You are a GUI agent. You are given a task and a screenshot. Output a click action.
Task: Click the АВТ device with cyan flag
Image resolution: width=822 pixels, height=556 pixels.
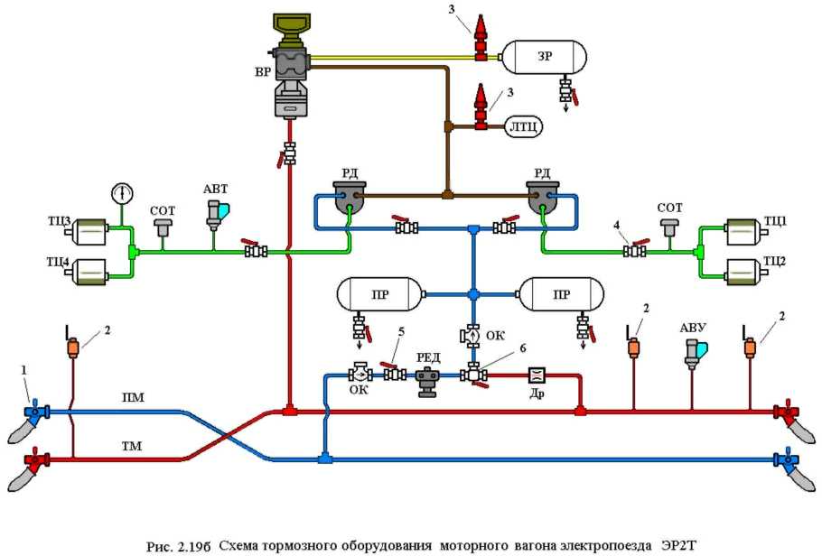(216, 212)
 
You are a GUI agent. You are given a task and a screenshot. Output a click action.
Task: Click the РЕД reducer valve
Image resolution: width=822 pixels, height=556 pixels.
(428, 380)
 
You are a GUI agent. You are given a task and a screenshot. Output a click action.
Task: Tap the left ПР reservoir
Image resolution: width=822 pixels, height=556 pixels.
(379, 294)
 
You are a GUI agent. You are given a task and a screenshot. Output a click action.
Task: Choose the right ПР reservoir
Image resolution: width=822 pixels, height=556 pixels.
(562, 294)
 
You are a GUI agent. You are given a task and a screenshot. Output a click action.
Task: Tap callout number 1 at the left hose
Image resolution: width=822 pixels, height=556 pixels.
(24, 369)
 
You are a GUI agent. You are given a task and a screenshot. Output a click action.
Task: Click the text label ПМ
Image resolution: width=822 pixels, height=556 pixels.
(132, 397)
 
